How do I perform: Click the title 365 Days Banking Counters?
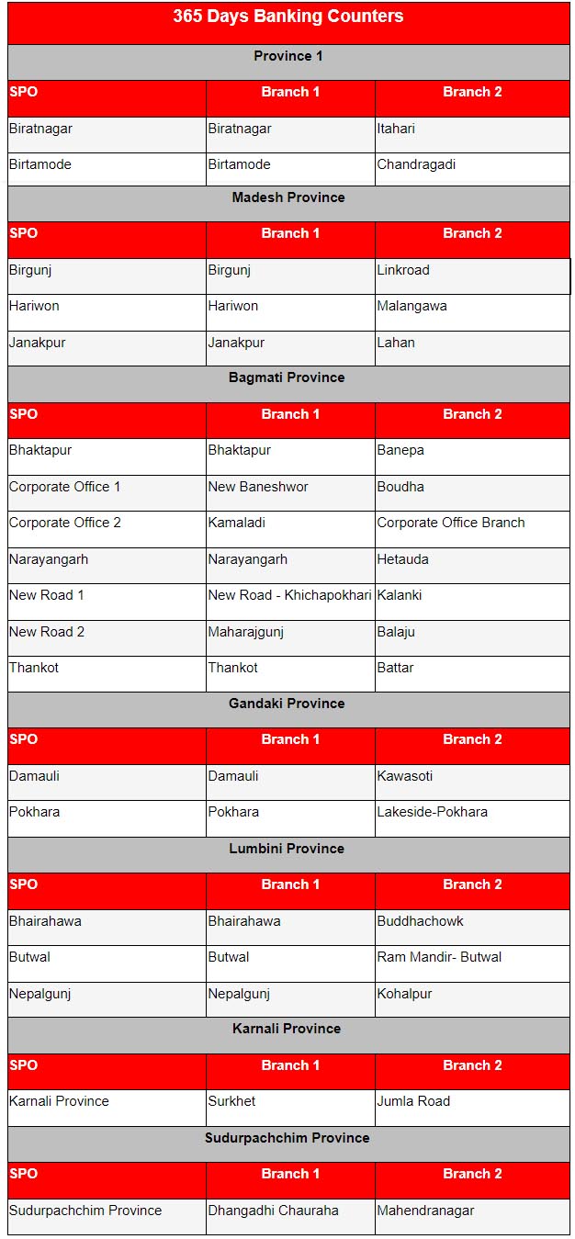[287, 17]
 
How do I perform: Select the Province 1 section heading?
[287, 56]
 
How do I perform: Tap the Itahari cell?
[396, 129]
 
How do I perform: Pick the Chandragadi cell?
[416, 164]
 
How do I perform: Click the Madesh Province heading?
[287, 197]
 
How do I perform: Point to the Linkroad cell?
[403, 270]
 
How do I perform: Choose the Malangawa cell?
[412, 306]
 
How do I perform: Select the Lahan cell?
[396, 343]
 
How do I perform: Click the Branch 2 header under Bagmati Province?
[472, 414]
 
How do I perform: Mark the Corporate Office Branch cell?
[451, 523]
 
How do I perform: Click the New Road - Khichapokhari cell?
[289, 595]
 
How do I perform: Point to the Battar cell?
[395, 668]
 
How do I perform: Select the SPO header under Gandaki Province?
[24, 739]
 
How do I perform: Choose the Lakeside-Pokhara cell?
[432, 812]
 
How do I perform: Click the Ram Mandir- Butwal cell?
[439, 957]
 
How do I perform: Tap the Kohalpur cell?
[404, 994]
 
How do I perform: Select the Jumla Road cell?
[413, 1101]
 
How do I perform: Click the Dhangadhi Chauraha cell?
[273, 1211]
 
